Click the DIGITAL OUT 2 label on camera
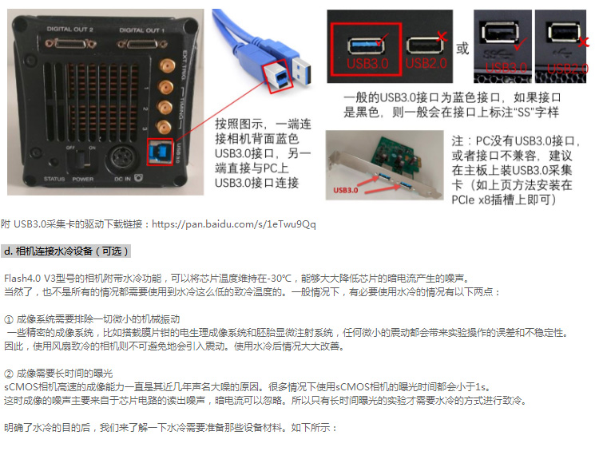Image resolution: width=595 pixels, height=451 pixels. [69, 30]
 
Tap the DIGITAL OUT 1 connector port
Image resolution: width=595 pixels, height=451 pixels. [142, 45]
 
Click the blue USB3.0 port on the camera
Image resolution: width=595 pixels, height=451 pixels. [161, 152]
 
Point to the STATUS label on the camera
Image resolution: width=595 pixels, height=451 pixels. [54, 179]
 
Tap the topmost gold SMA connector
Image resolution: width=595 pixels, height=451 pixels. [166, 66]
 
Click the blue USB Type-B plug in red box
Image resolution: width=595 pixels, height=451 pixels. [279, 77]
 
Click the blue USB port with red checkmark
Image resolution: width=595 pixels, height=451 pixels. [366, 45]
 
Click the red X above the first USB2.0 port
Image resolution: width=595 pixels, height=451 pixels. [442, 37]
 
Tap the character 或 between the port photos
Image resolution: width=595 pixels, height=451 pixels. [462, 49]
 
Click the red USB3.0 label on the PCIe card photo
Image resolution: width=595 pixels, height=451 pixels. [345, 190]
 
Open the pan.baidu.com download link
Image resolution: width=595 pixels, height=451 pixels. [234, 224]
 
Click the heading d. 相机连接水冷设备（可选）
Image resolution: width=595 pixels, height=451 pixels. [66, 251]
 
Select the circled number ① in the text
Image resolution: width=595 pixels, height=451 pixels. [8, 319]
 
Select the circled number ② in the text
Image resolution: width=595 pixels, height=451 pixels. [8, 374]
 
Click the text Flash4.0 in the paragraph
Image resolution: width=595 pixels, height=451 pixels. [22, 279]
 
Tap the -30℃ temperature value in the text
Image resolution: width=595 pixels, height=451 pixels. [280, 279]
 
